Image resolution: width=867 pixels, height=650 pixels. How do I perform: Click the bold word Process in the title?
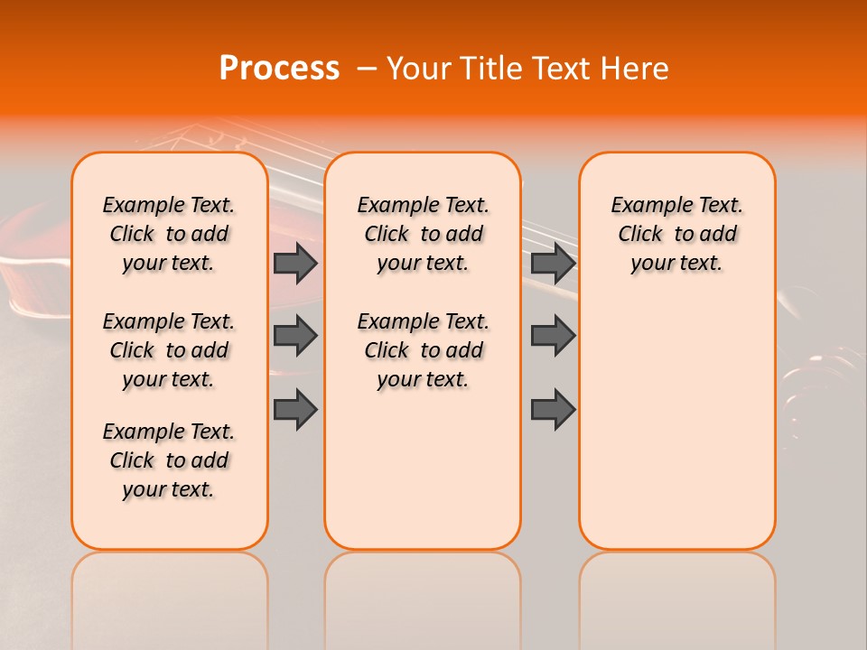coord(279,69)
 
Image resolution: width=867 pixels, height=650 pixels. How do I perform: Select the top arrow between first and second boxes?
coord(295,264)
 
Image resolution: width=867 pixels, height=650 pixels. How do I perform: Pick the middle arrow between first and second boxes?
coord(295,336)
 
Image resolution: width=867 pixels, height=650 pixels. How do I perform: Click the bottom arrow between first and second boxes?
coord(295,410)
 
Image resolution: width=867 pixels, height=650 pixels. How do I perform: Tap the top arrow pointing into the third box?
coord(553,264)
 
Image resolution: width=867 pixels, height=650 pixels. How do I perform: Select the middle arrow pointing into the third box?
coord(553,336)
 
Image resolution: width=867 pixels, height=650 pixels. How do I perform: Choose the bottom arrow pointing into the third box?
coord(553,410)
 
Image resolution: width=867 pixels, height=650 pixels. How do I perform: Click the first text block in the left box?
coord(169,235)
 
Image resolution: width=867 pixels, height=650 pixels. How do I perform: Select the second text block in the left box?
coord(169,350)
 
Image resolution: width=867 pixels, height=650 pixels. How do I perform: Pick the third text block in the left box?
coord(169,460)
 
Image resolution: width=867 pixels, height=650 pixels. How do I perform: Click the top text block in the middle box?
coord(423,235)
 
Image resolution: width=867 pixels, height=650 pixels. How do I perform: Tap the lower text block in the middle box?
coord(423,350)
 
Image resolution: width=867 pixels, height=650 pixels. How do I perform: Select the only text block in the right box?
coord(676,235)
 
